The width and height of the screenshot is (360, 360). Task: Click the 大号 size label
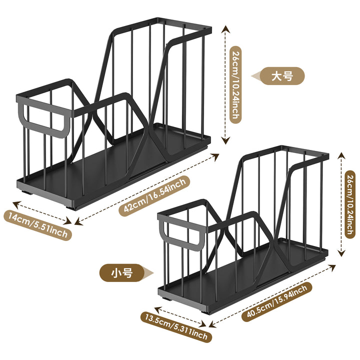282,76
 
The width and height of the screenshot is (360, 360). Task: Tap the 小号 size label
122,273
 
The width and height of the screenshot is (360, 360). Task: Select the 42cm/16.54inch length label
154,195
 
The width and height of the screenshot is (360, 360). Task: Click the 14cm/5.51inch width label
38,225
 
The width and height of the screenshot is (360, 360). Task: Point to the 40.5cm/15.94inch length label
277,301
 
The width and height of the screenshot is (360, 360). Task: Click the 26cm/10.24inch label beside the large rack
235,84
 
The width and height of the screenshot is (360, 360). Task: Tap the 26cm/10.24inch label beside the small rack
349,204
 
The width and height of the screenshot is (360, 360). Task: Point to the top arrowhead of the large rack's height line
226,29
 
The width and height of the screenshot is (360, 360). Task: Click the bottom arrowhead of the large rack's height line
226,140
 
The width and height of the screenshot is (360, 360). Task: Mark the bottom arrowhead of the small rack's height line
341,252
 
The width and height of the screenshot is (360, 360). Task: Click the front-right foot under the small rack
206,312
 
